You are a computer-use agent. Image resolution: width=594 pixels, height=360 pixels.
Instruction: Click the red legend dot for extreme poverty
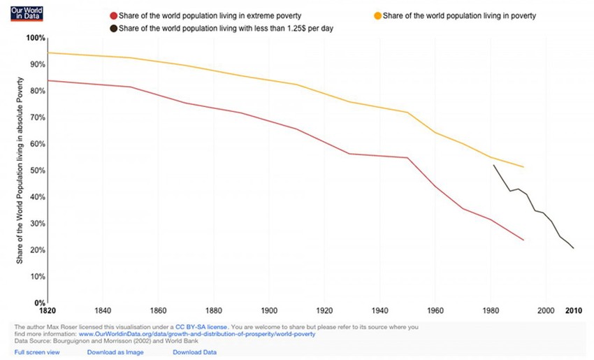pyautogui.click(x=114, y=15)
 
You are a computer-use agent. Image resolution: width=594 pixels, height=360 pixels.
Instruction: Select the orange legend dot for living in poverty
pyautogui.click(x=377, y=15)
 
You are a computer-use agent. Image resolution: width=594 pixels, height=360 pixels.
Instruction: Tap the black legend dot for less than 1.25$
pyautogui.click(x=114, y=28)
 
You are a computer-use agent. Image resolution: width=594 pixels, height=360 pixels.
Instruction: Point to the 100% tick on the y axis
pyautogui.click(x=36, y=38)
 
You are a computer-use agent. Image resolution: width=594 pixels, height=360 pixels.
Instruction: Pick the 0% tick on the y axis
pyautogui.click(x=38, y=303)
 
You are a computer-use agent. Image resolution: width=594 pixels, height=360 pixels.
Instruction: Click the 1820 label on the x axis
pyautogui.click(x=48, y=311)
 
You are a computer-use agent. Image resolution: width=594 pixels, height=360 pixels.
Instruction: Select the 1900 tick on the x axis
pyautogui.click(x=268, y=311)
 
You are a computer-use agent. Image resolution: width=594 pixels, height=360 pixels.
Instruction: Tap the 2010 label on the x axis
pyautogui.click(x=574, y=311)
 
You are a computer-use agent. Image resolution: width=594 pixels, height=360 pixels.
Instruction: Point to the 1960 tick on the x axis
pyautogui.click(x=435, y=311)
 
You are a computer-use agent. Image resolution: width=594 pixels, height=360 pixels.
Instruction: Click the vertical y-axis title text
pyautogui.click(x=20, y=171)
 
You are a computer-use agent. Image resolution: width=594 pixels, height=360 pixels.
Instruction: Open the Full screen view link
pyautogui.click(x=37, y=352)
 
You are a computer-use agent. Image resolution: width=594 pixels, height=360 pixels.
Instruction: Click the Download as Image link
pyautogui.click(x=116, y=352)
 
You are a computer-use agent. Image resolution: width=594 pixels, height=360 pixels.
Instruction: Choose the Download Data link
pyautogui.click(x=196, y=352)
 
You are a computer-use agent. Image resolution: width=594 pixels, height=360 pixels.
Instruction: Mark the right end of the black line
pyautogui.click(x=574, y=248)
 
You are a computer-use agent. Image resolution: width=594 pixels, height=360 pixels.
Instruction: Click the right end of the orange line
pyautogui.click(x=523, y=167)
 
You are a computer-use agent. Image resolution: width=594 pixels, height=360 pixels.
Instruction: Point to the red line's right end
pyautogui.click(x=523, y=240)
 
